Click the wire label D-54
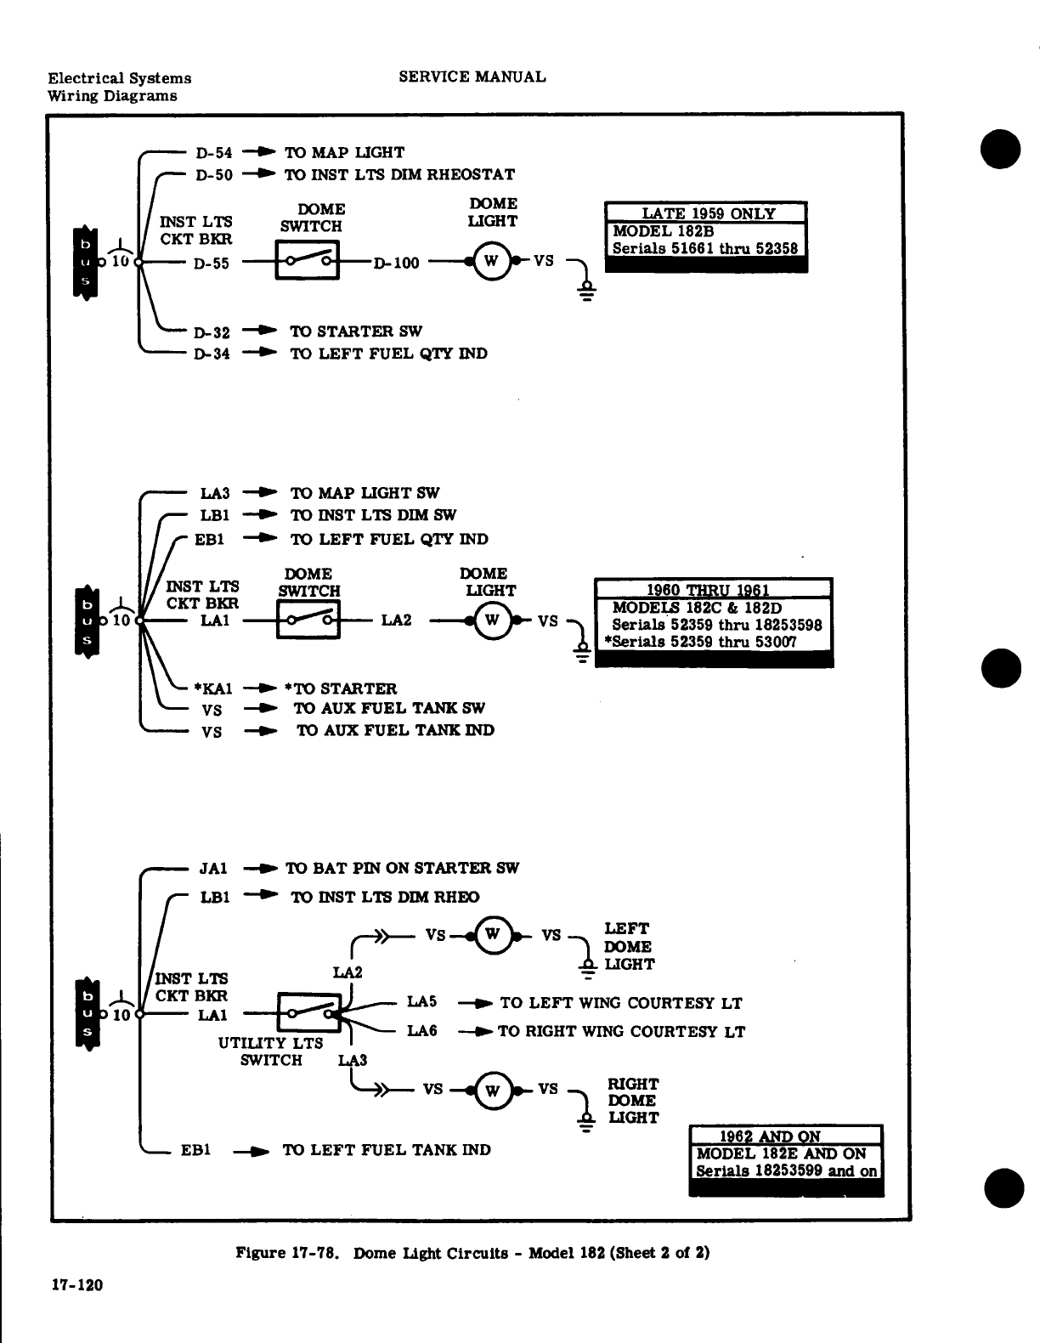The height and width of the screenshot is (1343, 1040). [213, 153]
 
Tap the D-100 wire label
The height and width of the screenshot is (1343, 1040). [396, 263]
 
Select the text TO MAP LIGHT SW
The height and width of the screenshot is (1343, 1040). [365, 493]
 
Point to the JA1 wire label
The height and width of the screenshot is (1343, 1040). [213, 869]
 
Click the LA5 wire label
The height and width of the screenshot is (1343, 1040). [421, 1002]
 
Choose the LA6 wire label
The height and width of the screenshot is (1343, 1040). [421, 1031]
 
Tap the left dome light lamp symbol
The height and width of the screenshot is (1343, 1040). [492, 935]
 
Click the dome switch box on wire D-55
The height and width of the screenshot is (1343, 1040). [307, 260]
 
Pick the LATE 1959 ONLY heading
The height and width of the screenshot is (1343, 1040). [707, 213]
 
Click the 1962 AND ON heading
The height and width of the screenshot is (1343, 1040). [769, 1136]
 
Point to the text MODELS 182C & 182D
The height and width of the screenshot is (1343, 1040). [697, 609]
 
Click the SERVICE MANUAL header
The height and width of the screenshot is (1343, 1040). [472, 76]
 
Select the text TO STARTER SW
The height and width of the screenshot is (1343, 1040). [356, 331]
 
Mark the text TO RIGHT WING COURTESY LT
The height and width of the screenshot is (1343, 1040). [621, 1032]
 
